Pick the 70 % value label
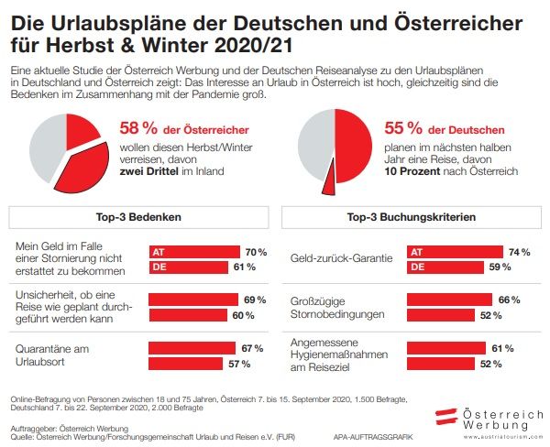point(255,252)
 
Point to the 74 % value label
point(520,252)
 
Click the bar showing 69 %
point(193,300)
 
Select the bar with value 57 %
point(186,364)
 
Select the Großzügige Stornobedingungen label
point(336,307)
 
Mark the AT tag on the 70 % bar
point(159,252)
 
